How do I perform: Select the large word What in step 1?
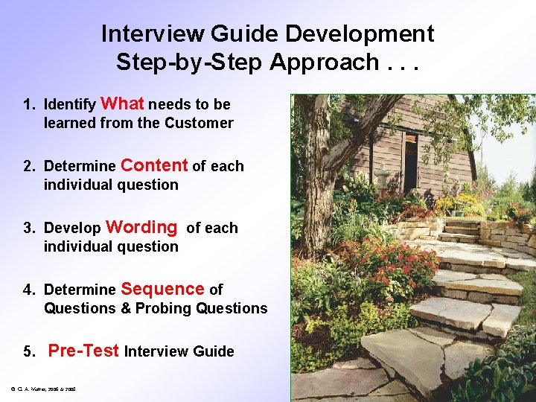click(122, 103)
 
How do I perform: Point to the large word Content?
click(154, 165)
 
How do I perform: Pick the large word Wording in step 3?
click(142, 227)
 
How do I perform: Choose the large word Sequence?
click(162, 289)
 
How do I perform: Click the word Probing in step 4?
click(163, 308)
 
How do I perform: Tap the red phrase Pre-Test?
click(83, 351)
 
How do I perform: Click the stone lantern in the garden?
click(383, 177)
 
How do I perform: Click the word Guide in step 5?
click(215, 351)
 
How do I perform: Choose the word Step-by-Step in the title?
click(190, 63)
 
